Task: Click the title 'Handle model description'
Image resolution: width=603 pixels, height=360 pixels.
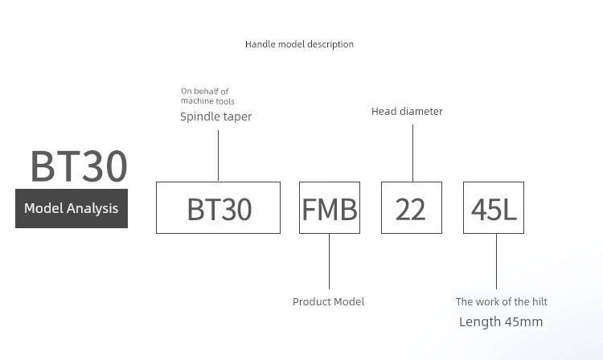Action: pyautogui.click(x=299, y=44)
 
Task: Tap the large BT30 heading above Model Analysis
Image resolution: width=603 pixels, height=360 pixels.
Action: pyautogui.click(x=79, y=166)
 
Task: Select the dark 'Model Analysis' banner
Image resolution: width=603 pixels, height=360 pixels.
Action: pyautogui.click(x=72, y=208)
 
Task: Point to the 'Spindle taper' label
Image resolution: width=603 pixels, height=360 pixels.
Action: pyautogui.click(x=215, y=117)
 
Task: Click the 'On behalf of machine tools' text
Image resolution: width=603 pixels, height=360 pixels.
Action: pyautogui.click(x=207, y=96)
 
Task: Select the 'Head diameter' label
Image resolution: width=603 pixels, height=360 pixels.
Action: pyautogui.click(x=407, y=112)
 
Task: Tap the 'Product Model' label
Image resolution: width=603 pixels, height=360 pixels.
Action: pyautogui.click(x=328, y=301)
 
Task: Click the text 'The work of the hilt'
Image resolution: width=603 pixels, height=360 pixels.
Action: pyautogui.click(x=502, y=301)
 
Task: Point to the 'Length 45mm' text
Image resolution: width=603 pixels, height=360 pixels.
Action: pyautogui.click(x=501, y=321)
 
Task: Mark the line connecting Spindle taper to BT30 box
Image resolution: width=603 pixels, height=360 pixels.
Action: pyautogui.click(x=218, y=156)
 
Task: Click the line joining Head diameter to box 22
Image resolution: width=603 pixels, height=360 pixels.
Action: pyautogui.click(x=412, y=153)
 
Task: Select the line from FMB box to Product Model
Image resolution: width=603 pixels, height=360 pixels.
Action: pyautogui.click(x=329, y=261)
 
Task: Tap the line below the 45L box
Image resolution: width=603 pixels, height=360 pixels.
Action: pyautogui.click(x=496, y=261)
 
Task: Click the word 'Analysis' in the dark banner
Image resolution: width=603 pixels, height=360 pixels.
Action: pyautogui.click(x=92, y=209)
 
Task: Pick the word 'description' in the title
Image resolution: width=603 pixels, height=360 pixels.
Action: pyautogui.click(x=330, y=44)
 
